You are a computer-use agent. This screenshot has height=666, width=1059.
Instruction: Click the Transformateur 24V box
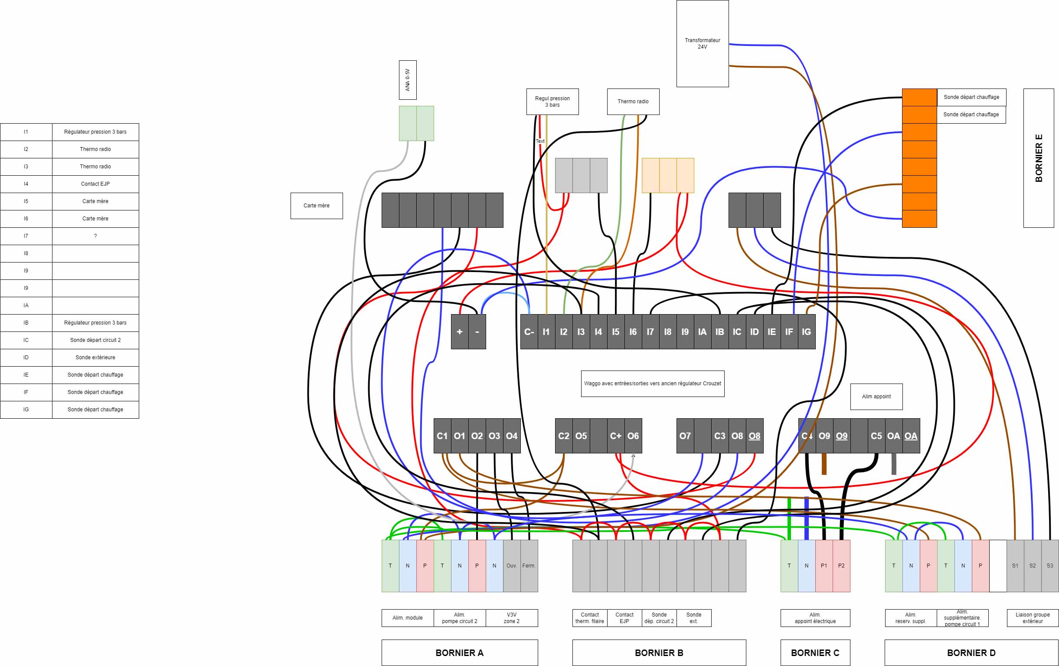(x=703, y=43)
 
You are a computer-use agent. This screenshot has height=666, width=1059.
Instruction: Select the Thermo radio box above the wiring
(x=633, y=102)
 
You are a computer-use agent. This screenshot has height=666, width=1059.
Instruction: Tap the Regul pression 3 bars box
(x=552, y=102)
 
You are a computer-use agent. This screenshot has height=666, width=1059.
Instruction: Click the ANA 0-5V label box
(x=408, y=80)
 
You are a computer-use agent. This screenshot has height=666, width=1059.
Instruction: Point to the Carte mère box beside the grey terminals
(x=317, y=205)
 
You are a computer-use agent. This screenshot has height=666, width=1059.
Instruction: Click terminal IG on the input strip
(x=807, y=331)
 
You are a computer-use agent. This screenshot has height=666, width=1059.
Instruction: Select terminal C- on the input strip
(x=529, y=331)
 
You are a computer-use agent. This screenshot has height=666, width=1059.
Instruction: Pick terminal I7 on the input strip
(x=650, y=331)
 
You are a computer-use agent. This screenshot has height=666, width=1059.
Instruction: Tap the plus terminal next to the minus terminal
(x=460, y=331)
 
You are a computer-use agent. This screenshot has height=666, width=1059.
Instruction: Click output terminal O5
(x=581, y=436)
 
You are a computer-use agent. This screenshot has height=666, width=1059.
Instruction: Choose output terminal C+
(x=616, y=436)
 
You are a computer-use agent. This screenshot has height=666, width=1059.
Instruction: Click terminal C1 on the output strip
(x=442, y=436)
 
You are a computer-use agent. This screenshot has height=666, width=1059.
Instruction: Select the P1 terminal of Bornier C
(x=824, y=566)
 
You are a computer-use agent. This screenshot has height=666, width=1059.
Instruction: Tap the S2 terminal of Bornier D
(x=1033, y=566)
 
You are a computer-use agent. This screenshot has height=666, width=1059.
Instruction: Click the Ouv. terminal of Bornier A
(x=511, y=566)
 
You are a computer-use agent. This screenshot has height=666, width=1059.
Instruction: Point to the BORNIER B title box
(x=659, y=653)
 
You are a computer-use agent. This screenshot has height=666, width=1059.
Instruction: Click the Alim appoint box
(x=876, y=396)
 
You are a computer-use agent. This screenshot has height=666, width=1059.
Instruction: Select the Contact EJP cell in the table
(x=95, y=184)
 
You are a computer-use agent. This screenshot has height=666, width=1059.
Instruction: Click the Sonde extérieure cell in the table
(x=95, y=357)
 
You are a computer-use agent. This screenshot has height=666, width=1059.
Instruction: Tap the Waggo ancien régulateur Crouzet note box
(x=652, y=384)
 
